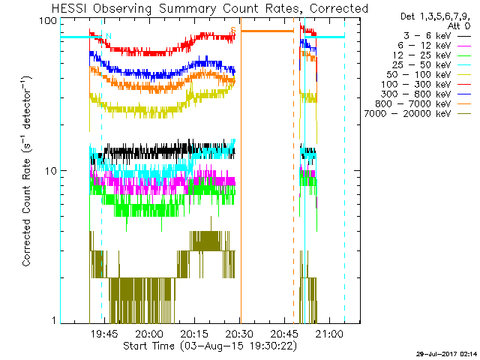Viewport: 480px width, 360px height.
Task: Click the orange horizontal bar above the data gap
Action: pyautogui.click(x=267, y=31)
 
